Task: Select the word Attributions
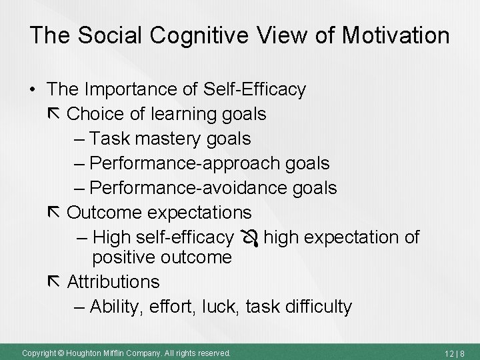(x=113, y=282)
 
